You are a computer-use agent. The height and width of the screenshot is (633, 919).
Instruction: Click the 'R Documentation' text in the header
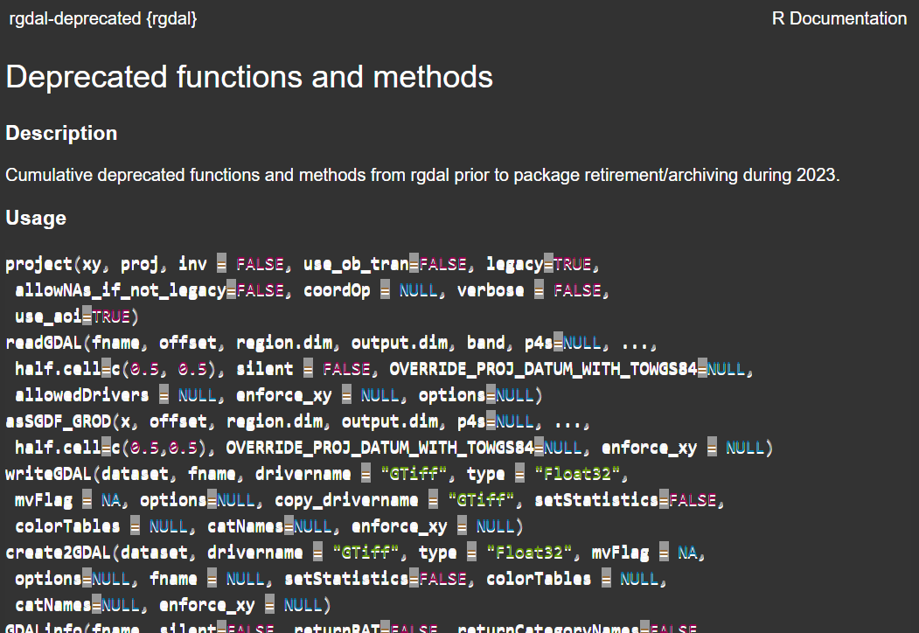point(839,18)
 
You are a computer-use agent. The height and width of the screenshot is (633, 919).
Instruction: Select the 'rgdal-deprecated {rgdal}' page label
point(103,18)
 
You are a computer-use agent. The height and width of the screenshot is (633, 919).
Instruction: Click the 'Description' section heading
point(61,134)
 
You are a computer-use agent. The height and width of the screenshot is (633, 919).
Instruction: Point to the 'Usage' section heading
point(36,218)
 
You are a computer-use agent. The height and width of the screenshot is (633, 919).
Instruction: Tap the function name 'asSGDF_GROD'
point(58,421)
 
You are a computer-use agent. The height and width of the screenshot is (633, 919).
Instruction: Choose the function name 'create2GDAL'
point(58,553)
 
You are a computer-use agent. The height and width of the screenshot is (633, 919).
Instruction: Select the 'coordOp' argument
point(337,290)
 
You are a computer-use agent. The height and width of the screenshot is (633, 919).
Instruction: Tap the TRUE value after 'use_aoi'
point(110,316)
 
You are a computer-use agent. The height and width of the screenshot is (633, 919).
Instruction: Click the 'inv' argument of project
point(192,264)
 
